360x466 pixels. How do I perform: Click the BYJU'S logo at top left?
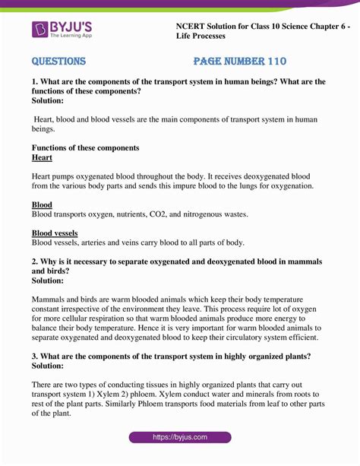65,30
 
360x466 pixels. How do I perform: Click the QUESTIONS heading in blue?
58,62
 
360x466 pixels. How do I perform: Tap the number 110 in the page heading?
274,62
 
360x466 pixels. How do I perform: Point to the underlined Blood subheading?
42,205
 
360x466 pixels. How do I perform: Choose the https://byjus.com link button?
179,437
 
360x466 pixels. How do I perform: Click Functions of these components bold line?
85,147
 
